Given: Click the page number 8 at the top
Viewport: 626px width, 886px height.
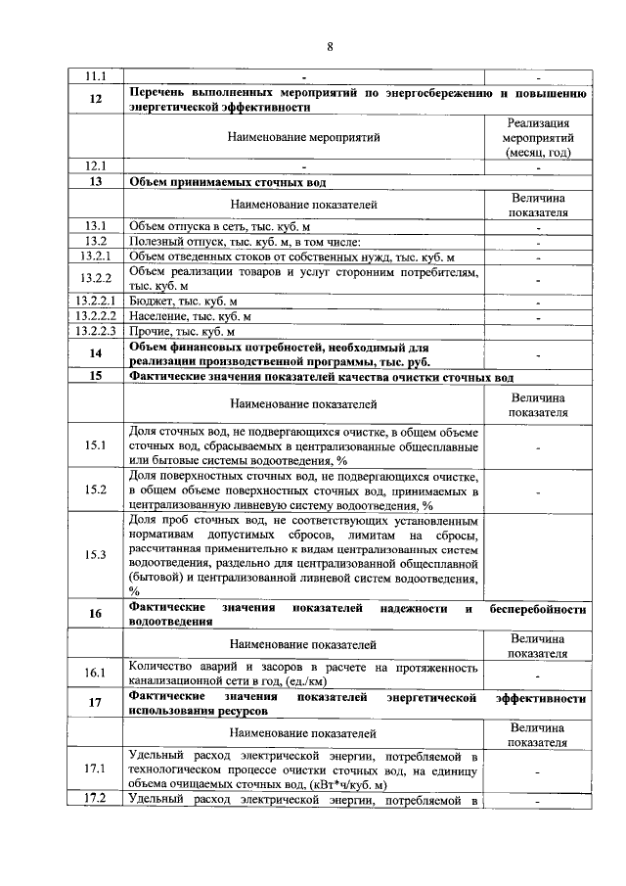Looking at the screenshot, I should (x=330, y=46).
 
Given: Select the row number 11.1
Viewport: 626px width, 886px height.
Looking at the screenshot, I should (x=96, y=76).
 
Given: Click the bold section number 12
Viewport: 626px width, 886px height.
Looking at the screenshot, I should (x=96, y=99).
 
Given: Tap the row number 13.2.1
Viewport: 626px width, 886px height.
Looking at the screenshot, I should (x=96, y=256).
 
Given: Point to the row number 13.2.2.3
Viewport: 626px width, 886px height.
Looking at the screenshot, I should (x=96, y=331).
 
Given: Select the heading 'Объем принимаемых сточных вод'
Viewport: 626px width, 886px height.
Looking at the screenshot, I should (x=228, y=182).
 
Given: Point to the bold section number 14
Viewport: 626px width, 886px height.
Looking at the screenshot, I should (x=96, y=353).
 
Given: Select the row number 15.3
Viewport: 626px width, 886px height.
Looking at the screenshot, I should (x=96, y=554).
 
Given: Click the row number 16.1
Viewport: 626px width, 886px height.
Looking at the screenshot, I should (x=96, y=674).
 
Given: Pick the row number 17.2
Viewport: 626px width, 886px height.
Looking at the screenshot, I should (x=96, y=801).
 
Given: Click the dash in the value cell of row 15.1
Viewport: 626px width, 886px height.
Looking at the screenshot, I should (x=538, y=446).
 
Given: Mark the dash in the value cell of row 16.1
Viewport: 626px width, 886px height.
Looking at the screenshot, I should (x=538, y=675).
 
